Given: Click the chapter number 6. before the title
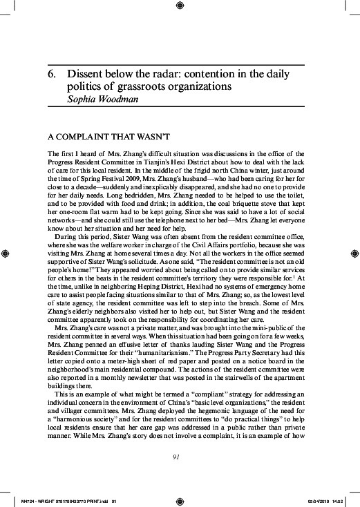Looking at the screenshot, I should pyautogui.click(x=52, y=74).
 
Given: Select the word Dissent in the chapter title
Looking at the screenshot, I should pyautogui.click(x=86, y=74).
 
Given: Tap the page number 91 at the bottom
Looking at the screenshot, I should pyautogui.click(x=180, y=457).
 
